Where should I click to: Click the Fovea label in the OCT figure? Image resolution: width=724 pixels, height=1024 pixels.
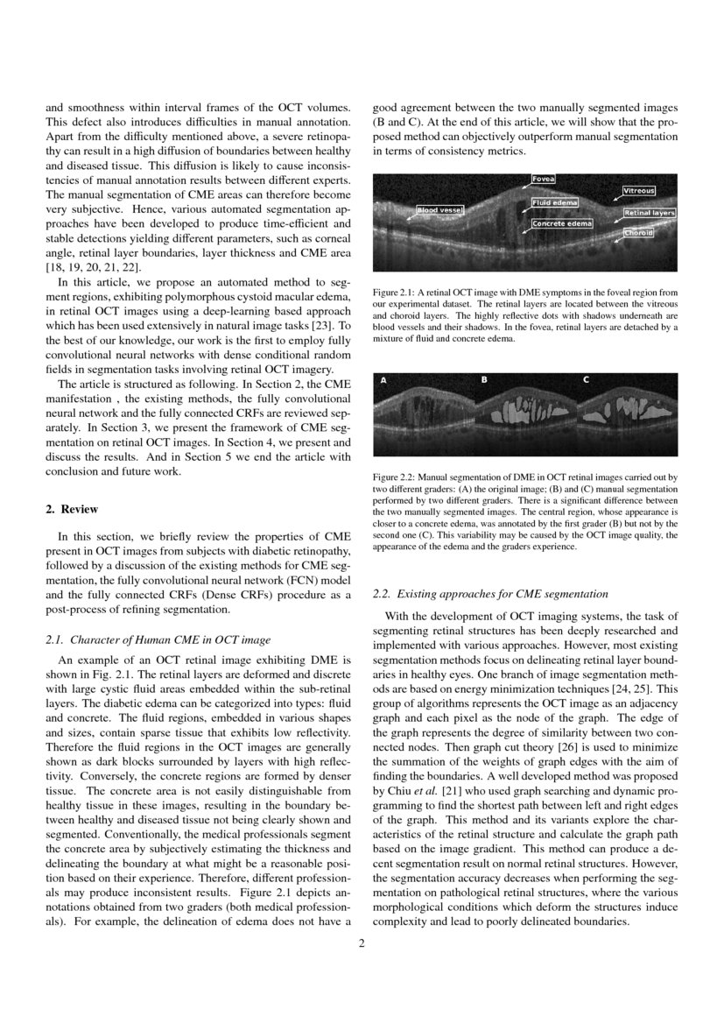click(544, 179)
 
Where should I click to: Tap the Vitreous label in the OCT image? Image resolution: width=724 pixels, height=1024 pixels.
click(638, 190)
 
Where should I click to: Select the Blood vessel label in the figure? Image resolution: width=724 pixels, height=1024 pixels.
click(439, 210)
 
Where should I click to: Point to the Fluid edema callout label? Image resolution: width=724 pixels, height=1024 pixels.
click(554, 202)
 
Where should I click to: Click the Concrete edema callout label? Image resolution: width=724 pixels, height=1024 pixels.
click(562, 223)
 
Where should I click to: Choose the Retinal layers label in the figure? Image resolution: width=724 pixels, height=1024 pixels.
click(649, 213)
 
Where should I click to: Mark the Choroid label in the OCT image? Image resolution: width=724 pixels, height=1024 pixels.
click(637, 233)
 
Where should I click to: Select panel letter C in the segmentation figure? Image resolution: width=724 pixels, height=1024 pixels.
click(586, 380)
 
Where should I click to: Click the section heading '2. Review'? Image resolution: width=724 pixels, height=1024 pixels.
click(72, 509)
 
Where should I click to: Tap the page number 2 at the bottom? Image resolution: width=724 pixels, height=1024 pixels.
click(362, 943)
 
